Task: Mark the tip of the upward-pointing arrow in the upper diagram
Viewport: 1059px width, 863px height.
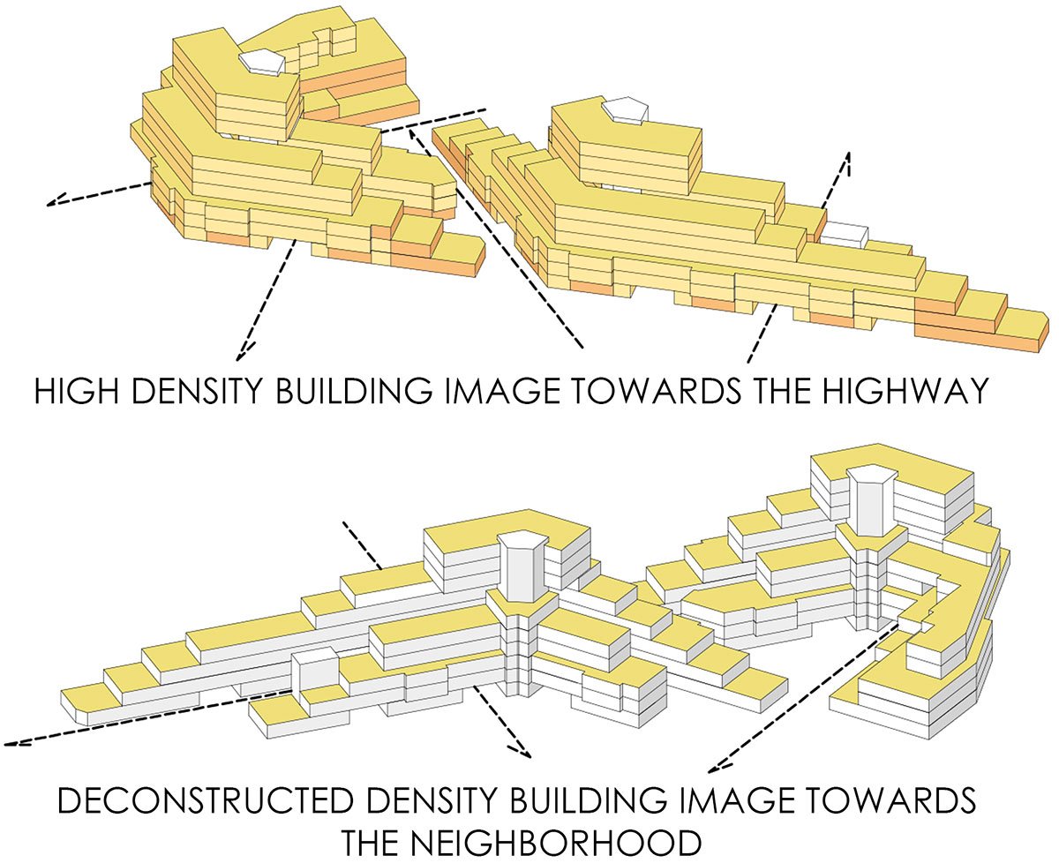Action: pos(849,152)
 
